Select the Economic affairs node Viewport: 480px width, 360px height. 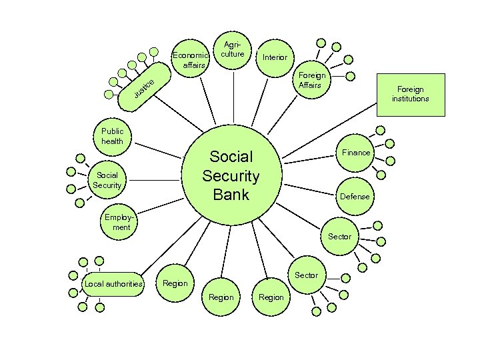(191, 60)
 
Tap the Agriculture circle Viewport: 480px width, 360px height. (232, 50)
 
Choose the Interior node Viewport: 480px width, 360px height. (275, 57)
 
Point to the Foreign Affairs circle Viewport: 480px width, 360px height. (310, 81)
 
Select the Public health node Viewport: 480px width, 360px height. (112, 137)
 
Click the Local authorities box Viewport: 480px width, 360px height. (113, 284)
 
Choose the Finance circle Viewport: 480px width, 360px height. (356, 153)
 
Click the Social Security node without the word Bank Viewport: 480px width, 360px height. (107, 180)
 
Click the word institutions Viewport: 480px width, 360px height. (410, 99)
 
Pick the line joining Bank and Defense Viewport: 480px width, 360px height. (307, 188)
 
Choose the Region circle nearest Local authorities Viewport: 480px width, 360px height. (175, 283)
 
